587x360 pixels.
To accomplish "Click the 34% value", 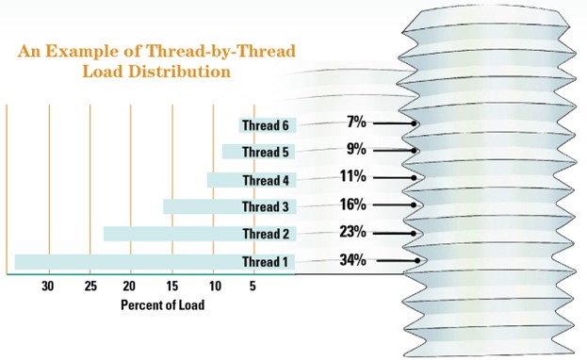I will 352,259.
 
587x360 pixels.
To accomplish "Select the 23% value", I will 352,231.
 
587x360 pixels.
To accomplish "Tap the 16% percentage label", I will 352,203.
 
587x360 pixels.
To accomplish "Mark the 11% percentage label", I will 352,175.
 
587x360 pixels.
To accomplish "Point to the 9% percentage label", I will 356,148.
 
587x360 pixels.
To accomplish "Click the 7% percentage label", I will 356,121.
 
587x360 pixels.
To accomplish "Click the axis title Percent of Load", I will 162,305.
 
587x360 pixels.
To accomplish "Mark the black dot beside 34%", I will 417,260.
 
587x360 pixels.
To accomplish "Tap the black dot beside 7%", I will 415,123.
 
